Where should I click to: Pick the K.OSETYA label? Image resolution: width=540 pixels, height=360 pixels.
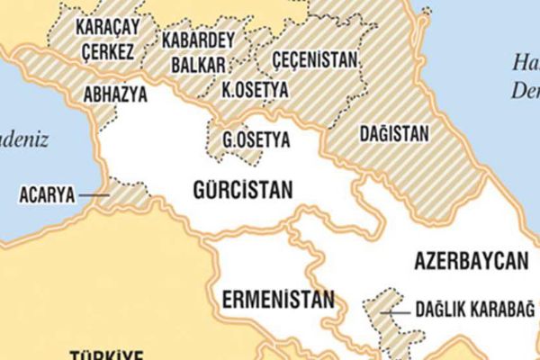(x=256, y=92)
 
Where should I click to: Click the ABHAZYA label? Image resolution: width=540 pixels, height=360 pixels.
(x=112, y=93)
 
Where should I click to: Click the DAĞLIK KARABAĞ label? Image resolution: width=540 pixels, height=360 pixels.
(x=474, y=310)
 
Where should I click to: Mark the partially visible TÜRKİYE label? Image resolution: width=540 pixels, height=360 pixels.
(x=108, y=353)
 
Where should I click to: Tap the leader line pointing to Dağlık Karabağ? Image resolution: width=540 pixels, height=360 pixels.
(x=396, y=311)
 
